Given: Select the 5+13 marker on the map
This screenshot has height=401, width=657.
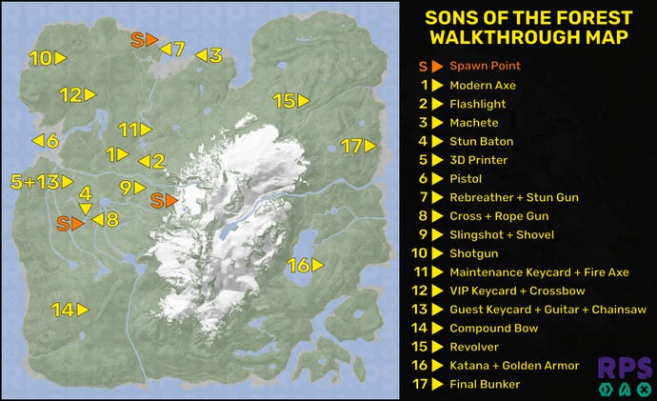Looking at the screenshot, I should (x=41, y=181).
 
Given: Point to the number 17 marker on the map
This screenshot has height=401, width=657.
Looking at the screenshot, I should (x=359, y=146).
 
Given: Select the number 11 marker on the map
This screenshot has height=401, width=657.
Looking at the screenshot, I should (x=134, y=130).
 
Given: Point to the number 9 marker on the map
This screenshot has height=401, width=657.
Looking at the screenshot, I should (x=131, y=188).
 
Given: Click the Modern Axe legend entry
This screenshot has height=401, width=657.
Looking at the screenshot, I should (x=482, y=86).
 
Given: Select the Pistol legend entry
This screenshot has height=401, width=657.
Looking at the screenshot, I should (x=466, y=179).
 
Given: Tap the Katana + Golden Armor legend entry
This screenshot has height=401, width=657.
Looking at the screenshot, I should (x=513, y=366).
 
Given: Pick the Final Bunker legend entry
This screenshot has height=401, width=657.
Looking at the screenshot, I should (x=486, y=385).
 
